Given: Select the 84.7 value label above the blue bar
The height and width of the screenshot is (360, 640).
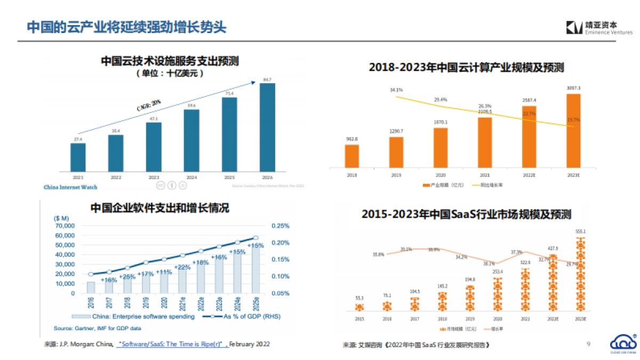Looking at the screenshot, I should click(x=267, y=80).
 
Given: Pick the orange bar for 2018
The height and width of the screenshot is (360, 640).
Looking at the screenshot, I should click(x=352, y=156).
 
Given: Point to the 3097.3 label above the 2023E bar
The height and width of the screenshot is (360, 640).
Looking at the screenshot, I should click(x=573, y=88).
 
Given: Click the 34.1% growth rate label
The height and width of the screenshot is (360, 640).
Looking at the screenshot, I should click(x=396, y=90).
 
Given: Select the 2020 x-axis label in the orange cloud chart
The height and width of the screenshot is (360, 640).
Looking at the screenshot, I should click(x=441, y=174).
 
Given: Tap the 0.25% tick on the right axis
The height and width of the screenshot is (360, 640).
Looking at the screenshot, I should click(x=281, y=226).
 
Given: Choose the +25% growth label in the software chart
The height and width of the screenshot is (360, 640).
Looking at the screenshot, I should click(x=127, y=277).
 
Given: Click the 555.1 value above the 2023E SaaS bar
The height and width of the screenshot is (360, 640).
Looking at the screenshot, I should click(x=581, y=231).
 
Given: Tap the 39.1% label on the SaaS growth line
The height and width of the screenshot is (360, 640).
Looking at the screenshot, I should click(x=406, y=249).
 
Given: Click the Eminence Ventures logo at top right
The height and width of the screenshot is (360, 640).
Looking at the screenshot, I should click(x=599, y=28).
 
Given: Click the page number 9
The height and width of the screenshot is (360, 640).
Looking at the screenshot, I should click(x=588, y=344).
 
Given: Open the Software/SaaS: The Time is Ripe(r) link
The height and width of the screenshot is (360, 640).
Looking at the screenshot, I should click(x=172, y=345).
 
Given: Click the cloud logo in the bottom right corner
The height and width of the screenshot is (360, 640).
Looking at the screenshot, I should click(x=622, y=343).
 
